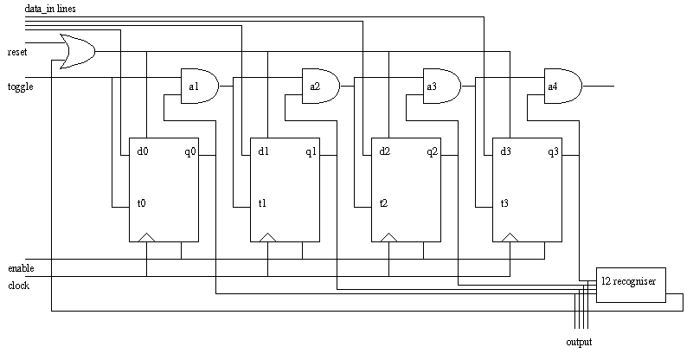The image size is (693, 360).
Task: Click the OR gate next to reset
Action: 76,51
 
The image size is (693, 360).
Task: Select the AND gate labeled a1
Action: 198,87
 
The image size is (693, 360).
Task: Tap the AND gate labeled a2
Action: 319,87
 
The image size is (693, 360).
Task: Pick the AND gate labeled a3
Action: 440,87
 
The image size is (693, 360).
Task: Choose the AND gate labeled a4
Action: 561,87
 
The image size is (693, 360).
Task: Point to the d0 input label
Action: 143,152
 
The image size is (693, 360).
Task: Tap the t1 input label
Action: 262,204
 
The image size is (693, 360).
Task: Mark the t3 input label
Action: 504,204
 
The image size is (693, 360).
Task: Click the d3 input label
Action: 506,152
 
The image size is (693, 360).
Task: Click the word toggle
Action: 20,87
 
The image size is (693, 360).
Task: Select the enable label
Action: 21,268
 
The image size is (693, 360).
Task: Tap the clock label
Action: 18,285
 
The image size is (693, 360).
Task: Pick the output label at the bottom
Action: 579,343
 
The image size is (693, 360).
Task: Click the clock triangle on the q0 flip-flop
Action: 147,237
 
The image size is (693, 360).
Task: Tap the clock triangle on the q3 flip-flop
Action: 510,237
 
